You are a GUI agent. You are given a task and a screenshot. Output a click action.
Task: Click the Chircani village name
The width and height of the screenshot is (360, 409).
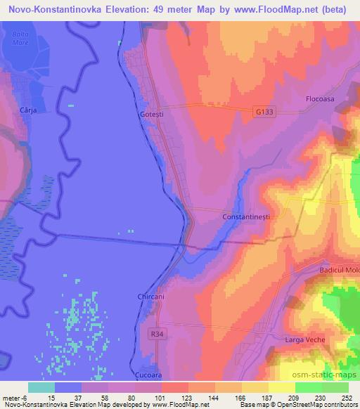pyautogui.click(x=150, y=297)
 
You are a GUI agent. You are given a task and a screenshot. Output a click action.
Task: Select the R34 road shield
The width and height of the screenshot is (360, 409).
pyautogui.click(x=157, y=335)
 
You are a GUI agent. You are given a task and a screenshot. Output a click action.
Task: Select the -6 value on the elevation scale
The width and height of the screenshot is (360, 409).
pyautogui.click(x=22, y=398)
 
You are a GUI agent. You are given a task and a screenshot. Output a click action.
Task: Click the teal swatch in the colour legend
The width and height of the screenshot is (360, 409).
pyautogui.click(x=41, y=387)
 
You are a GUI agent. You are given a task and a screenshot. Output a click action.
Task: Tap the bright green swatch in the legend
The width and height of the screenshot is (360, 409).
pyautogui.click(x=309, y=387)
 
